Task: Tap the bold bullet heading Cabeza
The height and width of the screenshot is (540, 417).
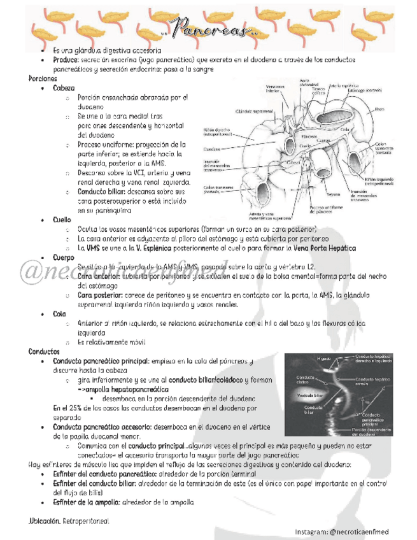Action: point(64,88)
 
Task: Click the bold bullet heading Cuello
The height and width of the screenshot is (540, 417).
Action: point(62,220)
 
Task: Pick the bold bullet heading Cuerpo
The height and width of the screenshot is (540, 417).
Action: point(64,258)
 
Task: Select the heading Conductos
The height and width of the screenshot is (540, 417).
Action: point(44,352)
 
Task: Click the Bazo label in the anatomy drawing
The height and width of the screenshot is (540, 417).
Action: point(379,109)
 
